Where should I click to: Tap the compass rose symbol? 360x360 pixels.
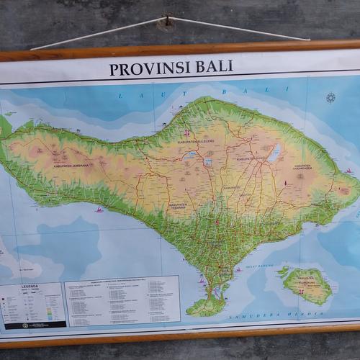(x=330, y=98)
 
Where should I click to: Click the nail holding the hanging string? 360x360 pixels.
(x=167, y=22)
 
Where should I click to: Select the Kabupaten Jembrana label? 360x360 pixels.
(x=71, y=165)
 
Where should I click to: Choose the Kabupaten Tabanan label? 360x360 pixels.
(x=178, y=205)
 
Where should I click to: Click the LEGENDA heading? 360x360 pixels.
(x=30, y=286)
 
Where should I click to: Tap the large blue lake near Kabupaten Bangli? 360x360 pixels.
(x=274, y=153)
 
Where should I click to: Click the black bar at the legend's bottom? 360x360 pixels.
(x=35, y=325)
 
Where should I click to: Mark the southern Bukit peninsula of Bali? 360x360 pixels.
(x=206, y=305)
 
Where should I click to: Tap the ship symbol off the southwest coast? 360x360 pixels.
(x=99, y=210)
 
